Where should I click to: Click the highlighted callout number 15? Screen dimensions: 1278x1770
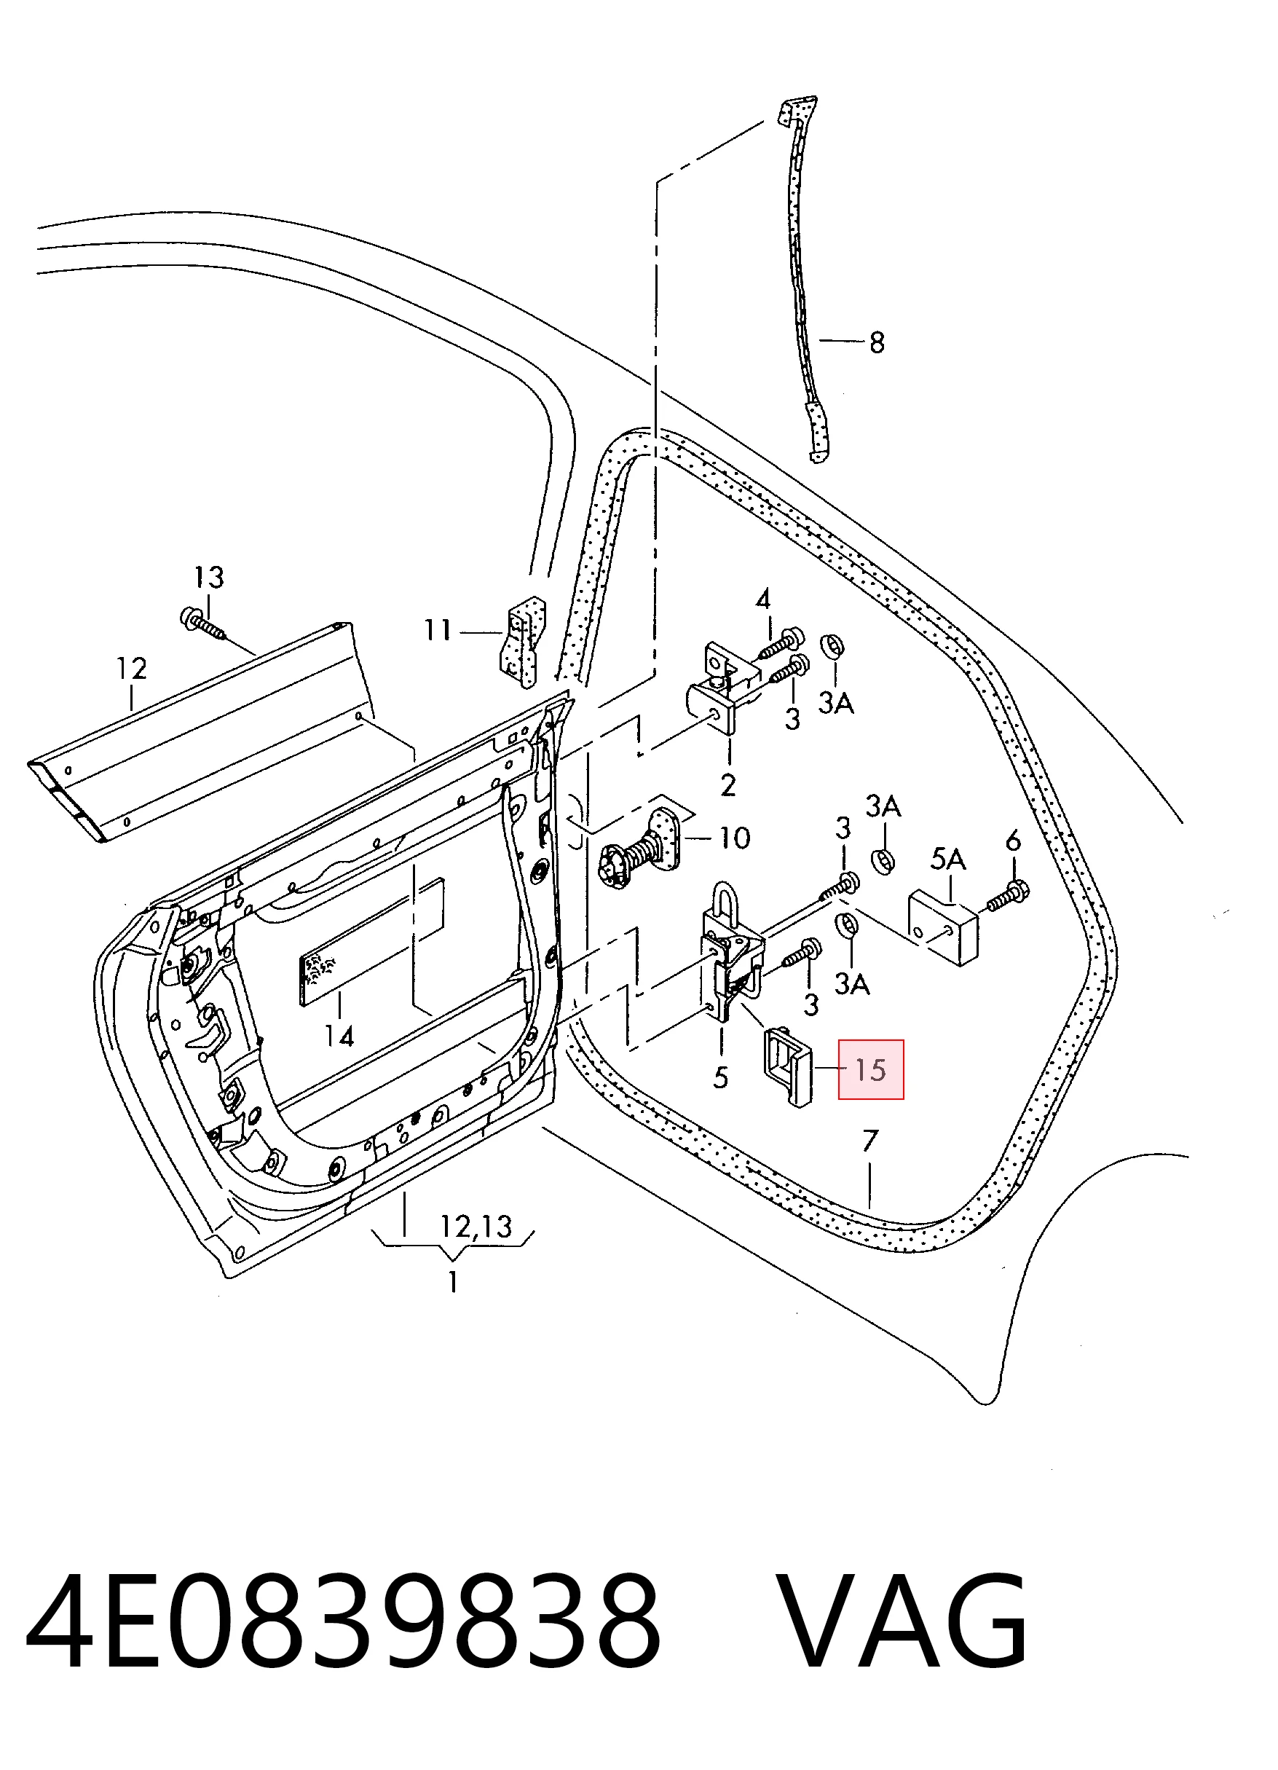coord(871,1070)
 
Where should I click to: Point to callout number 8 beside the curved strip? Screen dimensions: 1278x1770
coord(877,342)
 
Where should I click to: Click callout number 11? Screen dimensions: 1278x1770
coord(438,629)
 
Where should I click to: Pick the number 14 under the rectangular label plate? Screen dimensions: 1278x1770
coord(339,1037)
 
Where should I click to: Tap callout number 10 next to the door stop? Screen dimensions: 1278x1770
coord(734,838)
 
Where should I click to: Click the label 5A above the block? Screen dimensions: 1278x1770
coord(948,860)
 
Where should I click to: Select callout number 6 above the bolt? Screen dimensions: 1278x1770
coord(1013,841)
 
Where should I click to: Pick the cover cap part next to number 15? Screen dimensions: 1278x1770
coord(787,1065)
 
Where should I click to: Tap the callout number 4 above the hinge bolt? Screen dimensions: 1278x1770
coord(763,599)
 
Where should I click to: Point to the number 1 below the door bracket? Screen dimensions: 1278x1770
coord(452,1281)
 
